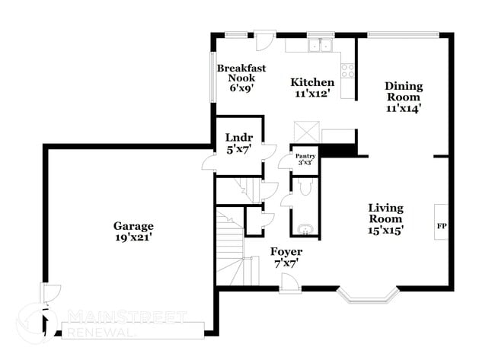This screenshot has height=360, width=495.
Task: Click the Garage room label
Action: coord(133,231)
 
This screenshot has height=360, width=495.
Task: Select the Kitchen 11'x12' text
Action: coord(312,88)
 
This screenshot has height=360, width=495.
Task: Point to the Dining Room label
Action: coord(403,97)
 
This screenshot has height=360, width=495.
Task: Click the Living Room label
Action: coord(386,218)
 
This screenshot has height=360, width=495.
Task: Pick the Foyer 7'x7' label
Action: coord(286,256)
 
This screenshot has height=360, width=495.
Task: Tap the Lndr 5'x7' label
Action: coord(234,143)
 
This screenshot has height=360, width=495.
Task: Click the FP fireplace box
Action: coord(441,225)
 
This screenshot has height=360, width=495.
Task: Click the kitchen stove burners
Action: coord(347,71)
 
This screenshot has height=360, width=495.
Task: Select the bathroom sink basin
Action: coord(305,229)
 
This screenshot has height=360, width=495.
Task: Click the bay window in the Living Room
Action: coord(369,295)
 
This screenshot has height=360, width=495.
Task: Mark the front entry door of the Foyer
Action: coord(289,283)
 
